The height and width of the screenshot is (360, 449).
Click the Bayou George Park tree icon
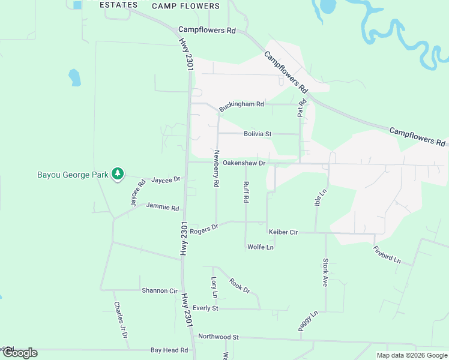click(x=118, y=175)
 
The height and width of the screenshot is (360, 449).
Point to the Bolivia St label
click(x=258, y=134)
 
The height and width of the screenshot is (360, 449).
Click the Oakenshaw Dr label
click(x=244, y=163)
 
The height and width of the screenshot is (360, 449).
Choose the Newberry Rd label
click(x=216, y=168)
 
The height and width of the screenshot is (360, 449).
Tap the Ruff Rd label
click(x=246, y=192)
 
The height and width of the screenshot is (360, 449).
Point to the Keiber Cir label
click(x=283, y=231)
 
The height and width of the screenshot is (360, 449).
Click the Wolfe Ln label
click(x=260, y=247)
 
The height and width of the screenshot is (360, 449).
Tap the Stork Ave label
click(x=325, y=272)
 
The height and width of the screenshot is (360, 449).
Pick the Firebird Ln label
click(x=387, y=255)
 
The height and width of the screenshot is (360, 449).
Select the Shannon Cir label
click(x=160, y=290)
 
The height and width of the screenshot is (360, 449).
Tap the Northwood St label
click(x=218, y=337)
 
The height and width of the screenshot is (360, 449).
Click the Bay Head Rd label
click(x=169, y=350)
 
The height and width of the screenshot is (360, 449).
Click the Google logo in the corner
click(x=19, y=353)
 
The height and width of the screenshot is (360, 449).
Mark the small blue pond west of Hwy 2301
click(x=74, y=77)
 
